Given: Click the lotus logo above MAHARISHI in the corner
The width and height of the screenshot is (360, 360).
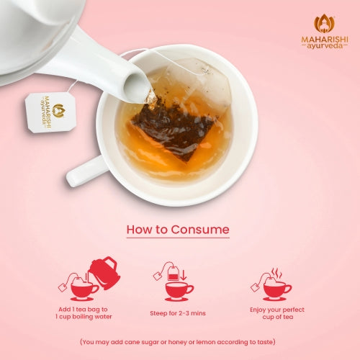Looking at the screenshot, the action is pos(324,23).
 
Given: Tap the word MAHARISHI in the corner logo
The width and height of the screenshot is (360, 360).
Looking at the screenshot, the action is pos(325,40).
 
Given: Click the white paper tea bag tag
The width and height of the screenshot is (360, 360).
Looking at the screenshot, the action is pos(50,112).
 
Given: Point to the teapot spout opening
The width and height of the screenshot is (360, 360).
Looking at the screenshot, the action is pos(136,88).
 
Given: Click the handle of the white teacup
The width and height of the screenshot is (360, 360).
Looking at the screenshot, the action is pos(85,171).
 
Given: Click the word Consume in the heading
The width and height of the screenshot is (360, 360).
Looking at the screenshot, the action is pos(200,230).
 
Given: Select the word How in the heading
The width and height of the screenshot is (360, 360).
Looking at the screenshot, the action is pos(140,230).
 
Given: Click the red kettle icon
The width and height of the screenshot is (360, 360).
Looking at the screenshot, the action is pos(104,273).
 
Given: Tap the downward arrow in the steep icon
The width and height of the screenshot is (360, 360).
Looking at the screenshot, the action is pos(184,275).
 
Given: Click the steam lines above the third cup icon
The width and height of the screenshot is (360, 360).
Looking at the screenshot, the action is pos(276,273).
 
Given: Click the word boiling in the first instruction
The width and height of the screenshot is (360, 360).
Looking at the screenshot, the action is pos(82,317).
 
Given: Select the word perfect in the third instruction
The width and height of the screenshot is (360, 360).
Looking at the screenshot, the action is pos(294,310).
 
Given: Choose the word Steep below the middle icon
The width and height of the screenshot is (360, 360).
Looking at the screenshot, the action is pos(158,313).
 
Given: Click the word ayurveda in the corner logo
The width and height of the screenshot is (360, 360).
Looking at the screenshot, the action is pos(325,46).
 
